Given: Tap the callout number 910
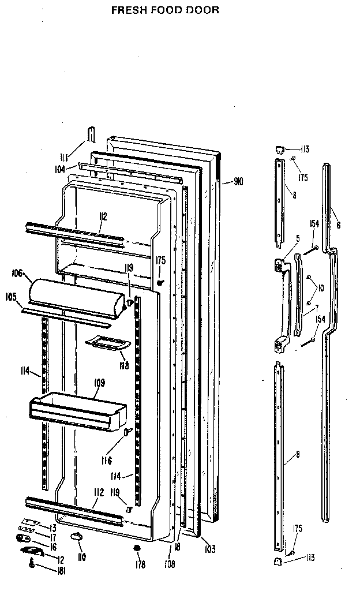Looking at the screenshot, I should click(x=238, y=182).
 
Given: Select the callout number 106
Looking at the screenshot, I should click(x=16, y=273).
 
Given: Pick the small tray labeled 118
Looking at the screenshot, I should click(x=108, y=345).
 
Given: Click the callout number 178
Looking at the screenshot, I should click(x=139, y=564).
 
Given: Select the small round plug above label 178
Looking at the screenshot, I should click(x=138, y=548).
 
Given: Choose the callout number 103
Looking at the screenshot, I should click(x=209, y=550).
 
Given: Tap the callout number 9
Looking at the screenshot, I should click(x=298, y=455).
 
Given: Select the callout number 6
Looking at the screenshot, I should click(x=338, y=225).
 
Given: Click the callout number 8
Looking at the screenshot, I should click(x=294, y=196).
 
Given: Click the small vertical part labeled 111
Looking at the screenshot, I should click(x=90, y=134).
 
